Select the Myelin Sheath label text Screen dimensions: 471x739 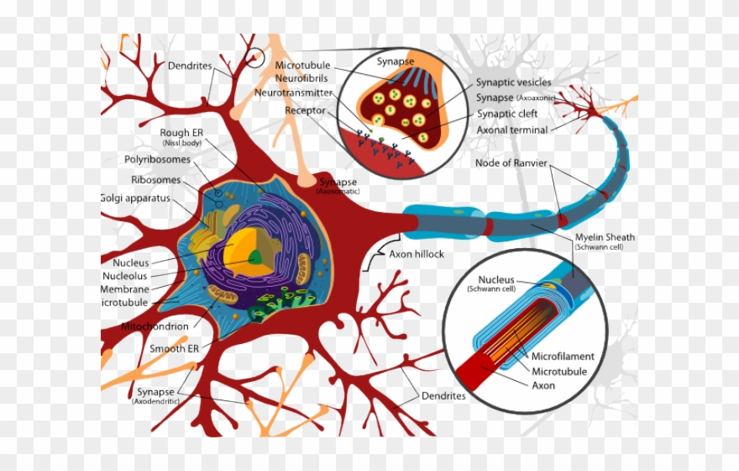[605, 237]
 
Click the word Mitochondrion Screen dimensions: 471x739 [155, 326]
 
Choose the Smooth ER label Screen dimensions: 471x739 [174, 348]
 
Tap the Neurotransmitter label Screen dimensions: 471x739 [293, 93]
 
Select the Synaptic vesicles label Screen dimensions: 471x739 [514, 82]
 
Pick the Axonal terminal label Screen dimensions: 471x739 [512, 130]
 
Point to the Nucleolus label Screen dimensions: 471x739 [125, 276]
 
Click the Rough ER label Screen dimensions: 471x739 [181, 133]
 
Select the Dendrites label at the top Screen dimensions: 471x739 [189, 66]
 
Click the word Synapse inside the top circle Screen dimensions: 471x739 [394, 61]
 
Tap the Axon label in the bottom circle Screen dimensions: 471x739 [543, 386]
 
